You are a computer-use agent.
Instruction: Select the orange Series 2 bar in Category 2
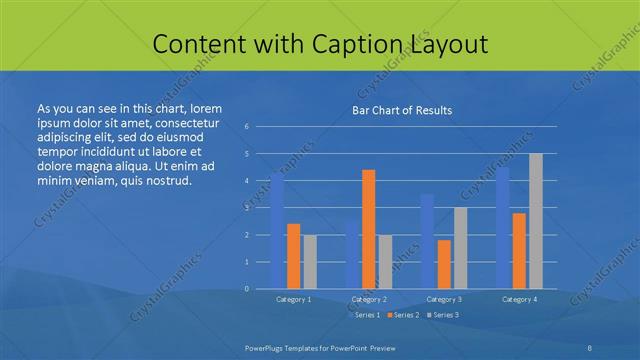369,229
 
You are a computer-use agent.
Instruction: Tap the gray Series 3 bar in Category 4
536,221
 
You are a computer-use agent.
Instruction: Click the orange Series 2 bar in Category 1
293,256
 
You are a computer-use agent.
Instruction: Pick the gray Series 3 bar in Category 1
310,262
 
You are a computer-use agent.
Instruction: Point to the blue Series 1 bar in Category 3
427,241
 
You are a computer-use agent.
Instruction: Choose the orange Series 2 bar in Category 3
444,264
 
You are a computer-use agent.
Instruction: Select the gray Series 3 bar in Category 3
460,248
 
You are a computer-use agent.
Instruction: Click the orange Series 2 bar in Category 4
519,251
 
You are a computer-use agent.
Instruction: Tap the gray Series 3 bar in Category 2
386,262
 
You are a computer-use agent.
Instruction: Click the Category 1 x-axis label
294,299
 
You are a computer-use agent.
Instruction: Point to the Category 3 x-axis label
444,299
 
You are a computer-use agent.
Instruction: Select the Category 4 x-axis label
519,299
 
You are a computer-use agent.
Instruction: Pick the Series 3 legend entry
444,315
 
